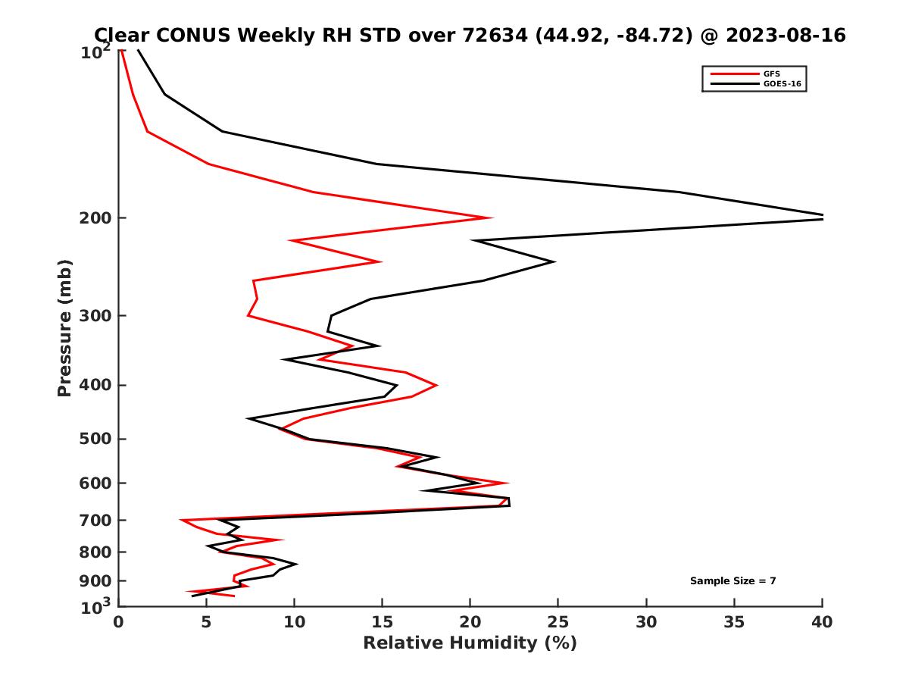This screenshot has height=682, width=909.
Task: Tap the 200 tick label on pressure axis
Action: coord(95,219)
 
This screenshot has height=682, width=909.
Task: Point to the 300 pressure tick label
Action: coord(95,316)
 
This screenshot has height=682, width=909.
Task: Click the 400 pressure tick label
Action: coord(95,385)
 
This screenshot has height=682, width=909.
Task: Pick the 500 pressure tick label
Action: coord(95,439)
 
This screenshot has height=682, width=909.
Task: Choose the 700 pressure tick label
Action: coord(95,521)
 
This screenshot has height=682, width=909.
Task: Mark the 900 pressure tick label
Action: coord(95,581)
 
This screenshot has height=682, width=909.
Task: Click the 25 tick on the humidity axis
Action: coord(558,622)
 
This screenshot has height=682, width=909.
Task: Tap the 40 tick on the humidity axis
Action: coord(822,622)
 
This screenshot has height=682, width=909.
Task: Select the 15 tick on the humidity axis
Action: coord(382,622)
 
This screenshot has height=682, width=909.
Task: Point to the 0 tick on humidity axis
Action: coord(119,622)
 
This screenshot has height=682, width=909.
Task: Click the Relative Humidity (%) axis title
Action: coord(470,643)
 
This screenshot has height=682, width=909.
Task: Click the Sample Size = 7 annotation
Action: coord(733,581)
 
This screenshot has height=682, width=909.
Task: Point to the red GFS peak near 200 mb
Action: coord(491,218)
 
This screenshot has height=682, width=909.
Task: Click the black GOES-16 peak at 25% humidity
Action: coord(554,262)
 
